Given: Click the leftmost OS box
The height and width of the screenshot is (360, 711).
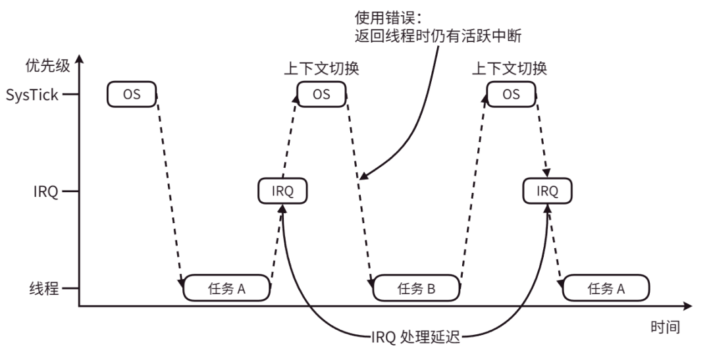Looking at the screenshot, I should coord(132,95).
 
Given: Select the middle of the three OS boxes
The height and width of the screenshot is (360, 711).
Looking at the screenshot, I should coord(322,95).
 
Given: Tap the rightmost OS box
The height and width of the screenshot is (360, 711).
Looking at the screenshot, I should coord(511,95).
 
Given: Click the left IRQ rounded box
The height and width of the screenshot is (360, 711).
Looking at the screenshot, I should coord(283,192).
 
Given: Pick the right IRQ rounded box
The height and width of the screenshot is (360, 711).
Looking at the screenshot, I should coord(547,192).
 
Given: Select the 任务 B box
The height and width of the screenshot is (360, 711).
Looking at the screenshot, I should coord(416,288).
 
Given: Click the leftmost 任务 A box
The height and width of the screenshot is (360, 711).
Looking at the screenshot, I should coord(226,288).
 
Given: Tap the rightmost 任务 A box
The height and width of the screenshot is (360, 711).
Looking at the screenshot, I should coord(606,288).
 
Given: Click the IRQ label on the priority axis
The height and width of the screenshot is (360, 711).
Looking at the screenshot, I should coord(47,192).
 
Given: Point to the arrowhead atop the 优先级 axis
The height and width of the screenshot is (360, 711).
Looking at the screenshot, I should coord(79,61).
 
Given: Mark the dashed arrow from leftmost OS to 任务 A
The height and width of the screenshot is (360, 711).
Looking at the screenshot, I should coord(170,191).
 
